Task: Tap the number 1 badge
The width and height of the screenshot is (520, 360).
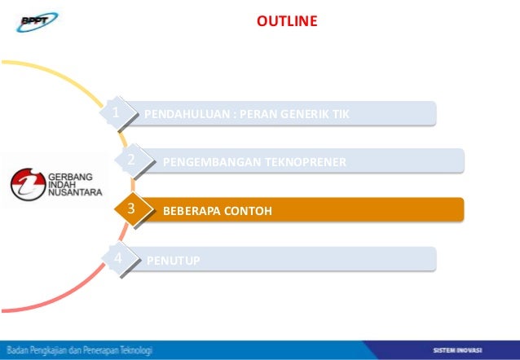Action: point(117,112)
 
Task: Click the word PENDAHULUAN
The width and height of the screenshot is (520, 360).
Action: point(185,114)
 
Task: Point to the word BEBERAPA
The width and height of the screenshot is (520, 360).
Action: point(192,212)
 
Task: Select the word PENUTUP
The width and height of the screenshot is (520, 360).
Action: point(174,261)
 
